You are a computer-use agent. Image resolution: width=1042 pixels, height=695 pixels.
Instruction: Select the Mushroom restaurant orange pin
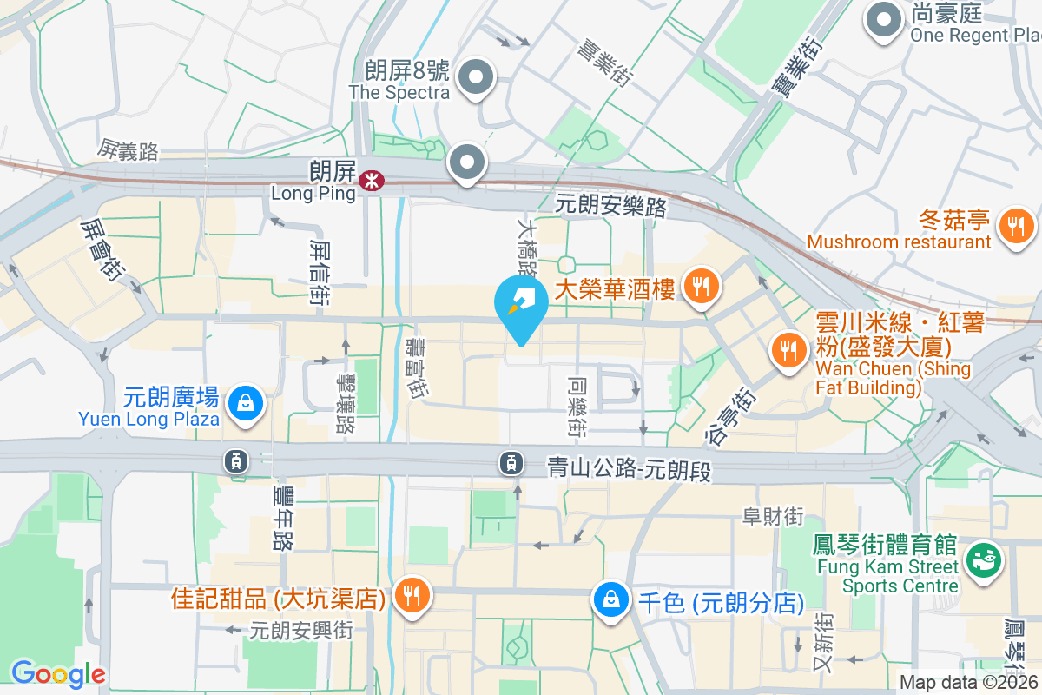pyautogui.click(x=1015, y=227)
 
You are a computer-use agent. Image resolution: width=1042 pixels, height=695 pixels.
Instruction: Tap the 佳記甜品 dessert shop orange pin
pyautogui.click(x=408, y=596)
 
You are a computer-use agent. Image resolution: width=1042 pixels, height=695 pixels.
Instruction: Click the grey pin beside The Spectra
pyautogui.click(x=475, y=78)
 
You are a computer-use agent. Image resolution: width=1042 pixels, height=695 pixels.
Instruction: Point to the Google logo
pyautogui.click(x=58, y=673)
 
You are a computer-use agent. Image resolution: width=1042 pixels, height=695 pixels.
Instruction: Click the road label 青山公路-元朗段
pyautogui.click(x=629, y=467)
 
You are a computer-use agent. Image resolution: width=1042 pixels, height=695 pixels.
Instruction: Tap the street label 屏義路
pyautogui.click(x=129, y=150)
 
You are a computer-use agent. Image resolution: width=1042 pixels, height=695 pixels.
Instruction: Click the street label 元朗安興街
pyautogui.click(x=300, y=631)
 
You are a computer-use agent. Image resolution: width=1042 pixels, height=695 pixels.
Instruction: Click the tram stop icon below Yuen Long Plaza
pyautogui.click(x=235, y=461)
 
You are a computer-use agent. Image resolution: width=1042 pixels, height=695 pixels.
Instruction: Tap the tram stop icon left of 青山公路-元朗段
pyautogui.click(x=511, y=463)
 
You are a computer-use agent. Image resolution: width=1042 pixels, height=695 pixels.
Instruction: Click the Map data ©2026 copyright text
pyautogui.click(x=969, y=683)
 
